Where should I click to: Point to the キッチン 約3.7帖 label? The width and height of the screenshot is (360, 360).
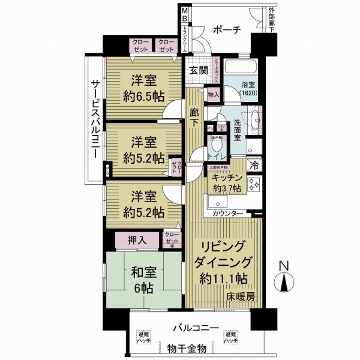click(x=226, y=182)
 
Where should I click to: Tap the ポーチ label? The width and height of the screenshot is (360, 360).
click(x=227, y=31)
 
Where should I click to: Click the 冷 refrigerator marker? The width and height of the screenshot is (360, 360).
click(x=254, y=164)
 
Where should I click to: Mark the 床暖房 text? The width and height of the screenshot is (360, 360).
click(x=241, y=296)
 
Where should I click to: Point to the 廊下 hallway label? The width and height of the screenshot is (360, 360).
click(x=194, y=115)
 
